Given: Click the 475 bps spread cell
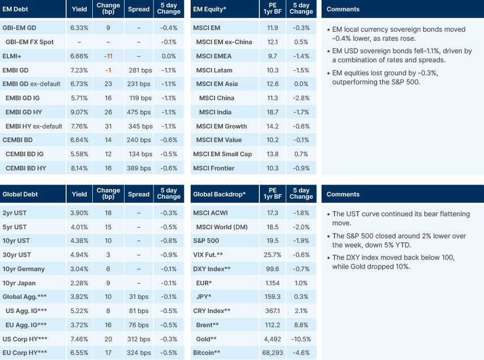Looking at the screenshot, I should click(139, 112).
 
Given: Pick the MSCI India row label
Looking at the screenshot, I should click(216, 112).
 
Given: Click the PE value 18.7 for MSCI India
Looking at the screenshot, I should click(272, 112).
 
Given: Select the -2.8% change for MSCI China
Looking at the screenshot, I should click(301, 98).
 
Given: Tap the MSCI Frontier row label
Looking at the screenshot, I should click(213, 168).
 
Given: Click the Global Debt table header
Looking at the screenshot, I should click(20, 194).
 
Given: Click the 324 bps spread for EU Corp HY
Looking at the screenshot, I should click(139, 353).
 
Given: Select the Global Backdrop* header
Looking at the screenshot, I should click(219, 194).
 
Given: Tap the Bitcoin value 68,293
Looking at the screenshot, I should click(272, 353).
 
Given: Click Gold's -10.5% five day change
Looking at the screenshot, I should click(300, 339).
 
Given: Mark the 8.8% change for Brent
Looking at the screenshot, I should click(301, 325).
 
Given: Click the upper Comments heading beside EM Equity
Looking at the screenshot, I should click(343, 9).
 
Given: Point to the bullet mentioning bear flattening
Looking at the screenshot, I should click(399, 218).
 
